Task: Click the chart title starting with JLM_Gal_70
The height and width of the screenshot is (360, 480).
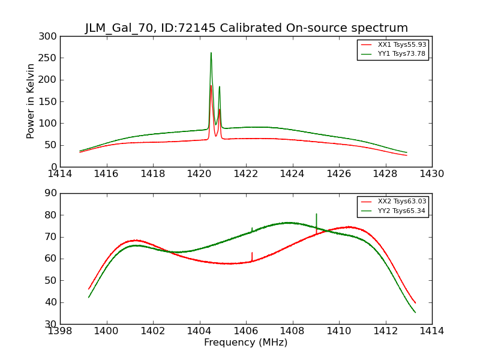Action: [x=246, y=28]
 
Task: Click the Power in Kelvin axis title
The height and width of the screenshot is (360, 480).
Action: [x=31, y=101]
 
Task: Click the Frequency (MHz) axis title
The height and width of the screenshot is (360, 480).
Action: [x=246, y=343]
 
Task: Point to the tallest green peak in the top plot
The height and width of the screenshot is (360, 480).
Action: [x=211, y=53]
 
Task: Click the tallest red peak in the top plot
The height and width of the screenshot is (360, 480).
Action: [x=211, y=86]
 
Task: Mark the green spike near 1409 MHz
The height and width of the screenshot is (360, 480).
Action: [x=316, y=214]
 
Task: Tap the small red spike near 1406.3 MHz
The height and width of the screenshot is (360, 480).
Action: [x=252, y=253]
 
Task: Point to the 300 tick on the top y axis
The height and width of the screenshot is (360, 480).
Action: [x=50, y=37]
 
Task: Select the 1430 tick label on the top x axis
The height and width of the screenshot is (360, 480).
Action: [x=431, y=174]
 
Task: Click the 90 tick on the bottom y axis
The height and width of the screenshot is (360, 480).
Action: [x=50, y=193]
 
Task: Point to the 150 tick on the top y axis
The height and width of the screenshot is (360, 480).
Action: [x=50, y=102]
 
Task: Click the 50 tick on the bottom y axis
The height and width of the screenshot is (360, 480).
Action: [x=50, y=281]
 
